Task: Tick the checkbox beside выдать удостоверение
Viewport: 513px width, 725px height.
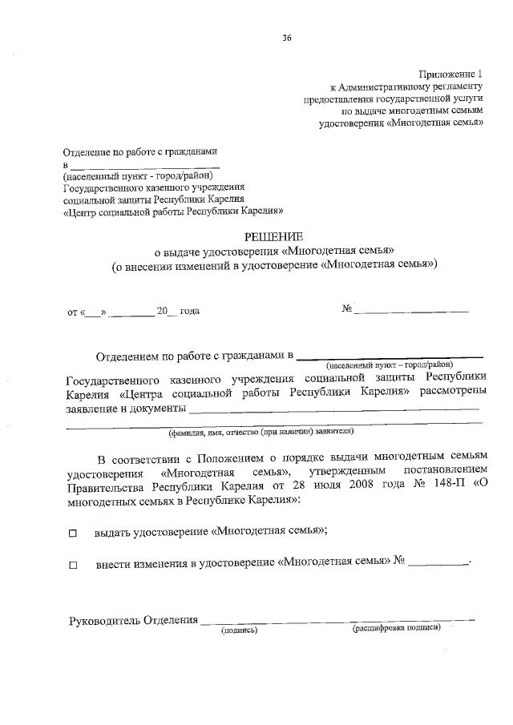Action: click(73, 533)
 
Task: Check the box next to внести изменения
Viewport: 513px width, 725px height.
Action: click(73, 565)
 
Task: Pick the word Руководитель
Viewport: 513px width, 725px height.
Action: click(104, 620)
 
